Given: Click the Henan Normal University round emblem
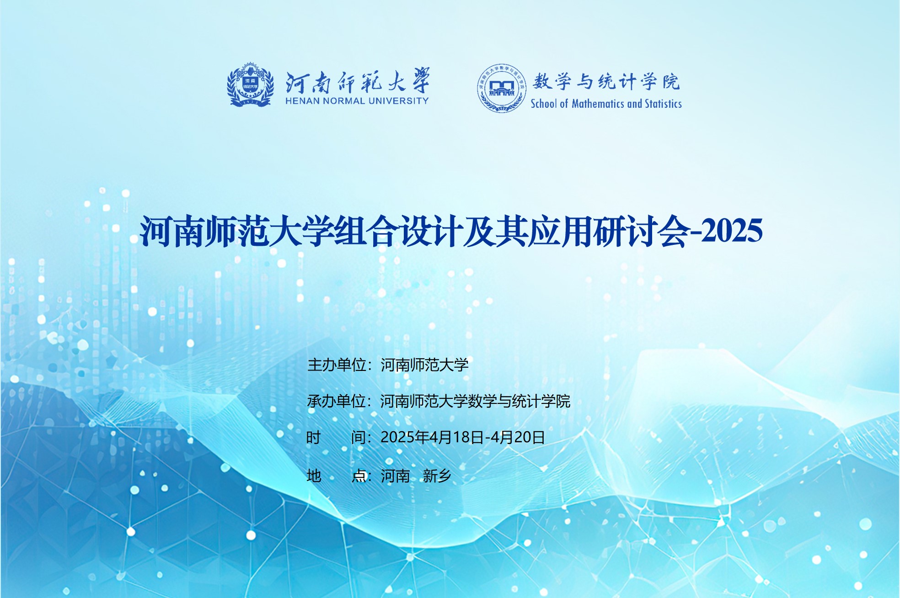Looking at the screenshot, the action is coord(251,85).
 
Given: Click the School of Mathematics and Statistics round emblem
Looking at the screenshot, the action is coord(502,88).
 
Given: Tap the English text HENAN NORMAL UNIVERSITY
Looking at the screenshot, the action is coord(357,101).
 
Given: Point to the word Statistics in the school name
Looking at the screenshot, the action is coord(663,104).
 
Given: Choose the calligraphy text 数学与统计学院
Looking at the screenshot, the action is coord(606,81).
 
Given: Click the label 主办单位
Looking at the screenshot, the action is coord(337,365).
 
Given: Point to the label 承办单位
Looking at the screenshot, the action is coord(337,401).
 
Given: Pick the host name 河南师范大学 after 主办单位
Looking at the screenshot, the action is coord(425,365).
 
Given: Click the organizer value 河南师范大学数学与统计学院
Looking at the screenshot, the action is coord(476,401).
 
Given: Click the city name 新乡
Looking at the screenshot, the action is coord(437,476).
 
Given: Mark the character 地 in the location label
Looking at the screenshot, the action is coord(314,476).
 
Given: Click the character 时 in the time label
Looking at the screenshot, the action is coord(313,437).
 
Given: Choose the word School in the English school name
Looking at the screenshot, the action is coord(544,104).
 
